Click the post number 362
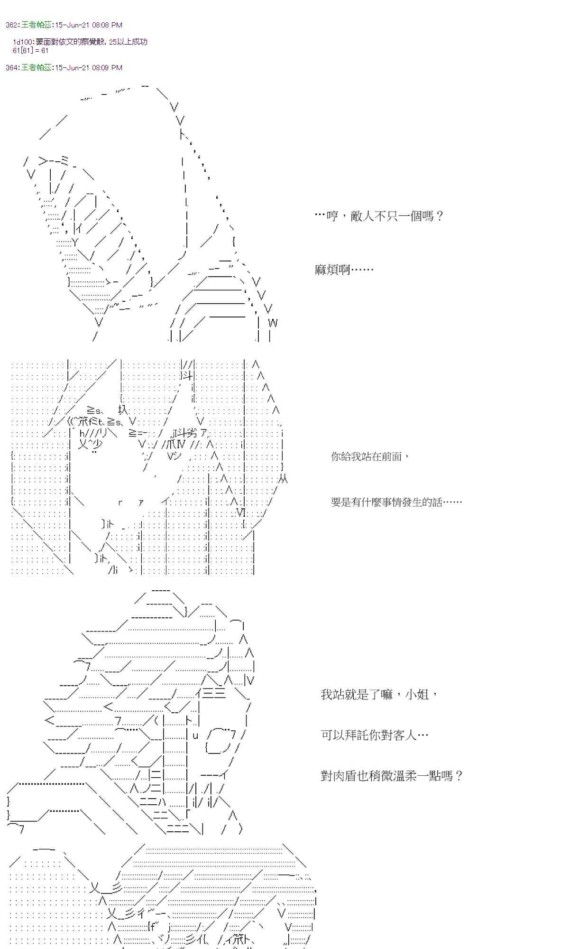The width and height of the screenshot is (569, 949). click(x=12, y=25)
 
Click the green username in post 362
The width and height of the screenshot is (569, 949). click(x=36, y=25)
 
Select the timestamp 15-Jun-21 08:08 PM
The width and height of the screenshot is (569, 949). click(x=89, y=25)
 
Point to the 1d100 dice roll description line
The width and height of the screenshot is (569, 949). click(x=80, y=42)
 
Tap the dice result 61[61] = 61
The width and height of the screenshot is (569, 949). click(x=31, y=50)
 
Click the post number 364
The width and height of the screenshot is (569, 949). click(x=12, y=68)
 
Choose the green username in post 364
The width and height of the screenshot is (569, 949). click(x=36, y=68)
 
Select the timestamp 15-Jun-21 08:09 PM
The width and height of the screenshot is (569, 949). click(x=89, y=68)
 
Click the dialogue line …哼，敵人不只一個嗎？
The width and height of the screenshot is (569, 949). click(x=379, y=216)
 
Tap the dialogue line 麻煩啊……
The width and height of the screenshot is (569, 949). click(x=344, y=270)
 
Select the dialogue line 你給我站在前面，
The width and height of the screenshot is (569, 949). click(x=370, y=456)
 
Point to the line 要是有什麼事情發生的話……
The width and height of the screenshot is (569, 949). click(x=396, y=502)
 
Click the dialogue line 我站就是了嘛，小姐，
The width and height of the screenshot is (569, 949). click(x=379, y=695)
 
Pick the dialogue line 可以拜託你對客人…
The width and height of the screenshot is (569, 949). click(x=375, y=735)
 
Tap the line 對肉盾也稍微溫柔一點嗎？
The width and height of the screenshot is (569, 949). click(x=391, y=776)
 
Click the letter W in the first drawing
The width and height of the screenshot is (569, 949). click(x=273, y=324)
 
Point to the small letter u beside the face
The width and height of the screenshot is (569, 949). click(x=195, y=736)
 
